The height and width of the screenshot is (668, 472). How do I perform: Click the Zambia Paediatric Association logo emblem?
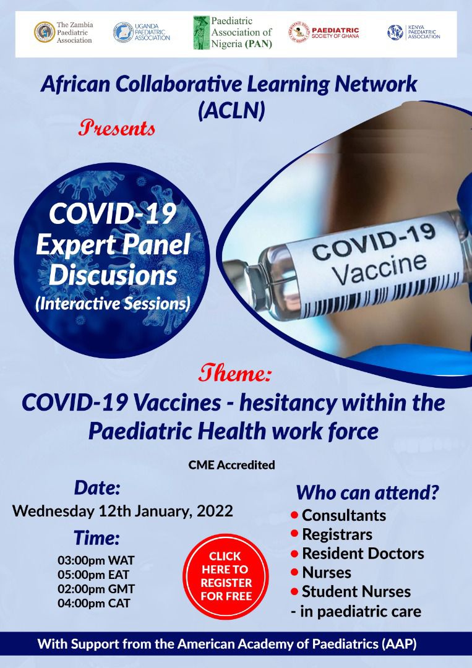(x=45, y=32)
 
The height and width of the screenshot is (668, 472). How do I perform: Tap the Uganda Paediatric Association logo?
(x=124, y=32)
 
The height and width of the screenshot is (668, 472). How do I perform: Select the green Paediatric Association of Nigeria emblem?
(x=201, y=33)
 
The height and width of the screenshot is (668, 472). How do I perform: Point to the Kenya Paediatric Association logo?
(x=395, y=32)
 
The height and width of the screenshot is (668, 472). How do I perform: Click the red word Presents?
(x=117, y=128)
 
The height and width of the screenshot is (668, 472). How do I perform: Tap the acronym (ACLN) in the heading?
(x=232, y=110)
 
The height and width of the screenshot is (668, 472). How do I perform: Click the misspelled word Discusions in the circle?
(x=113, y=275)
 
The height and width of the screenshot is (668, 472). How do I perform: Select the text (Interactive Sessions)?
(x=113, y=304)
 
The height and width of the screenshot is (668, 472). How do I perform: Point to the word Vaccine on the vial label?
(x=380, y=268)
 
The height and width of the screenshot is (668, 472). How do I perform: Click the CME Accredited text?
(x=232, y=465)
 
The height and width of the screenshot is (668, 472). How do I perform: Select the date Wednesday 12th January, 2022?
(x=122, y=511)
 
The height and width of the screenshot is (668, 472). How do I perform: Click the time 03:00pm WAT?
(x=97, y=560)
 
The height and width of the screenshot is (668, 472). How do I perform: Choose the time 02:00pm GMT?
(x=97, y=589)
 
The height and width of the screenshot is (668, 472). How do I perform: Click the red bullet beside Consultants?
(x=294, y=515)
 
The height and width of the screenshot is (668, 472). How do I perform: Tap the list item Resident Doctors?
(x=363, y=554)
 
